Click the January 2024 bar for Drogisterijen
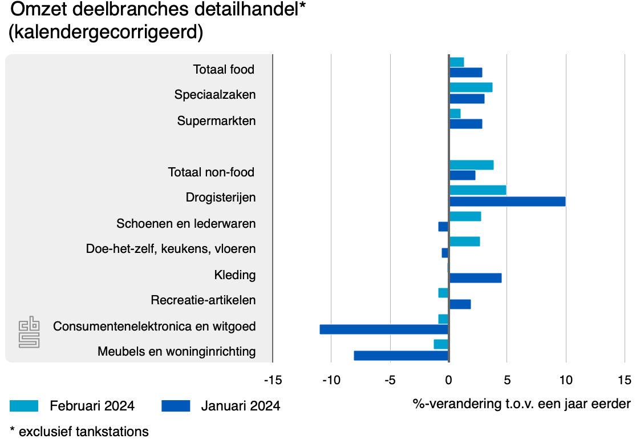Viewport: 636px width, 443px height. (507, 202)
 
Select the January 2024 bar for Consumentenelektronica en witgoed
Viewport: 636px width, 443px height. (384, 329)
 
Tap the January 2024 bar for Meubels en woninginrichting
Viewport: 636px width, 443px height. (401, 356)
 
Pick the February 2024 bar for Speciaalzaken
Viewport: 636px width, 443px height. (471, 87)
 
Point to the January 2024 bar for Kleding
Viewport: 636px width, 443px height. (475, 278)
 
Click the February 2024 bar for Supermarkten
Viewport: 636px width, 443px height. (455, 114)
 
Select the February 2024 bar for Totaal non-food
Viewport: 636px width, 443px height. (471, 165)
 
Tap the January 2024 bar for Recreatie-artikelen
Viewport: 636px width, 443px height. (460, 304)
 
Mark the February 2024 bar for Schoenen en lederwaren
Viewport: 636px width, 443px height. (465, 216)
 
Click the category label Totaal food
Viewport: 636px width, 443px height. (224, 70)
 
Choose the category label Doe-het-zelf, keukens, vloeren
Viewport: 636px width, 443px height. (171, 249)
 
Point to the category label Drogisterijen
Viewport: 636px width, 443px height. (220, 198)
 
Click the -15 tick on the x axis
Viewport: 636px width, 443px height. (272, 380)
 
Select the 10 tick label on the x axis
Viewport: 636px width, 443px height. (565, 380)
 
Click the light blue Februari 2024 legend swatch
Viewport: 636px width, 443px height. (24, 406)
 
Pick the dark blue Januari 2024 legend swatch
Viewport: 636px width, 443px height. (175, 406)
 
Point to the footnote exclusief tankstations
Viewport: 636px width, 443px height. (79, 432)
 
